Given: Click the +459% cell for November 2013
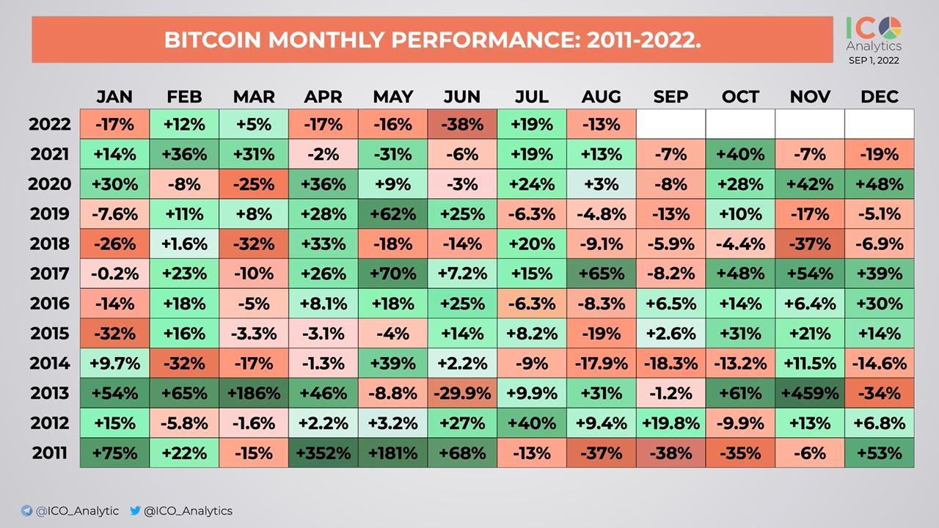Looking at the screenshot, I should coord(810,393).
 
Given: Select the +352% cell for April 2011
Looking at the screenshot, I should coord(324,452).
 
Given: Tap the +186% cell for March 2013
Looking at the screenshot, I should coord(254,393).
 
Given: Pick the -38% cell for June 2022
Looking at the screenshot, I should coord(462,124).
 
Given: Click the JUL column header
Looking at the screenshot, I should coord(532,97).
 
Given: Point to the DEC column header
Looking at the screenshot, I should coord(879,97).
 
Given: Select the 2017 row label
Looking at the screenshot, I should coord(51,274).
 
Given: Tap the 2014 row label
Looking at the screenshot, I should coord(51,363).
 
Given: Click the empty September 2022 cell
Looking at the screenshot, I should coord(671,124).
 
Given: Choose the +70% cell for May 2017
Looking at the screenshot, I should coord(393,274).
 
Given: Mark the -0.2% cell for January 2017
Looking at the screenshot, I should coord(115,274).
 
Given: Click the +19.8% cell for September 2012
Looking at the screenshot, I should coord(671,423).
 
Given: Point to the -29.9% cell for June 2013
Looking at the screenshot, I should coord(462,393).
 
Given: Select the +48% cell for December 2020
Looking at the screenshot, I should coord(879,184).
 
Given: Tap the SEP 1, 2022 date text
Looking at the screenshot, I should coord(874,61).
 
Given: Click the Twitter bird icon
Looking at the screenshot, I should coord(135,510).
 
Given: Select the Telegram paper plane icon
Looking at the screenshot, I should coord(27,510).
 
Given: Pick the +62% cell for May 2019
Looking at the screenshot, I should coord(393,213).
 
